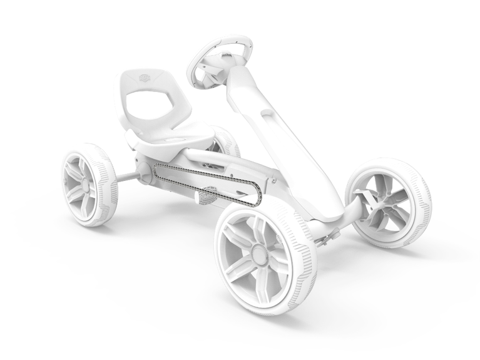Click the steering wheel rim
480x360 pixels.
coord(240,42)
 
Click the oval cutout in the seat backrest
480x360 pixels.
coord(148,103)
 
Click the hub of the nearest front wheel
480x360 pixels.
coord(258,253)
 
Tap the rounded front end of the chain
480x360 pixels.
coord(255,197)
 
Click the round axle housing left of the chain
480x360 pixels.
coord(143,173)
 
